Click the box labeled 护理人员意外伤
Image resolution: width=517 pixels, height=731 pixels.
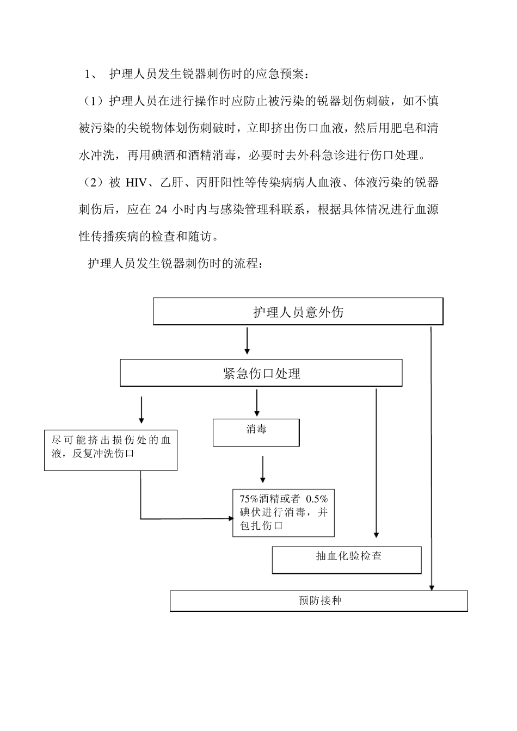click(x=298, y=312)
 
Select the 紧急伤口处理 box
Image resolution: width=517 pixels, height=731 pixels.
click(x=261, y=373)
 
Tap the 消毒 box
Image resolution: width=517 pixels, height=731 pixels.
click(x=256, y=432)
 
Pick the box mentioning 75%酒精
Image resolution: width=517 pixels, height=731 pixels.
click(x=283, y=512)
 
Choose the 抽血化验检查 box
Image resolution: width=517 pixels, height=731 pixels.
click(x=347, y=560)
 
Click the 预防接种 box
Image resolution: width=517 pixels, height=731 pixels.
click(x=319, y=601)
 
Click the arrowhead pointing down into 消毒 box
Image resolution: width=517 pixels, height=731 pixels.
click(x=257, y=413)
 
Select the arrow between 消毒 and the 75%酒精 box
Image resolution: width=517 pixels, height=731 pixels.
click(x=263, y=469)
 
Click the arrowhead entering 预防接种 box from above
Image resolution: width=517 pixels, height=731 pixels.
click(x=432, y=587)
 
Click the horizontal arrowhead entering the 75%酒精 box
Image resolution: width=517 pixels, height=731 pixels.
click(x=229, y=518)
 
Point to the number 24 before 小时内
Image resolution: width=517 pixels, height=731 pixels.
click(x=161, y=209)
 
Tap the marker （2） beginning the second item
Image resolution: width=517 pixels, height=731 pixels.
click(x=92, y=183)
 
